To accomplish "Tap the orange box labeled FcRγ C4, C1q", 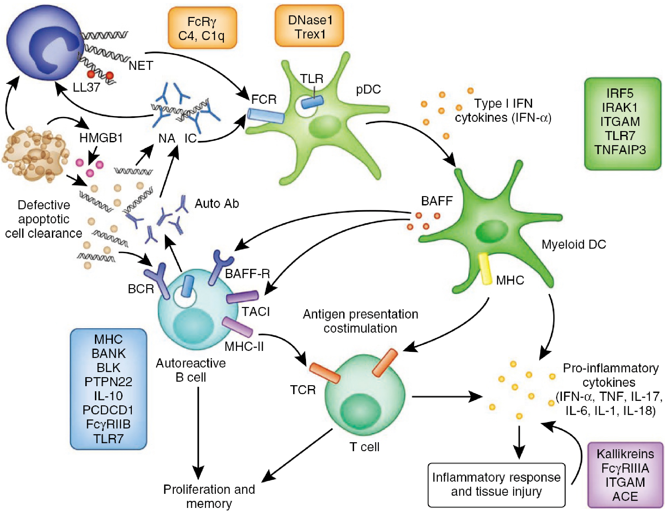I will [202, 28].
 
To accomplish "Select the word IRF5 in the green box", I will [620, 93].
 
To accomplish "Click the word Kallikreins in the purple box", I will [625, 454].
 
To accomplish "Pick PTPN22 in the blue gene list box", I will [108, 382].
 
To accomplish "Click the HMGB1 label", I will [101, 138].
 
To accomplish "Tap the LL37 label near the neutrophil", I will [86, 87].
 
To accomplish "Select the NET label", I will [141, 66].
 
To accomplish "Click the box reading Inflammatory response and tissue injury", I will [496, 484].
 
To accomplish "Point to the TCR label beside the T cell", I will [303, 390].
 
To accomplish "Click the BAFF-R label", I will [247, 274].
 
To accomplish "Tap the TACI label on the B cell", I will [256, 311].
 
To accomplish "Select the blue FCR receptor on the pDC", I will [266, 116].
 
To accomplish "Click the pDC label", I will [368, 89].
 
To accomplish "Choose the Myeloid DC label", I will [573, 244].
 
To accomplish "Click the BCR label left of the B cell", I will [141, 289].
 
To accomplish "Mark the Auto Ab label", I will [217, 203].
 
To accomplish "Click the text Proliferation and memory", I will [209, 496].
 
